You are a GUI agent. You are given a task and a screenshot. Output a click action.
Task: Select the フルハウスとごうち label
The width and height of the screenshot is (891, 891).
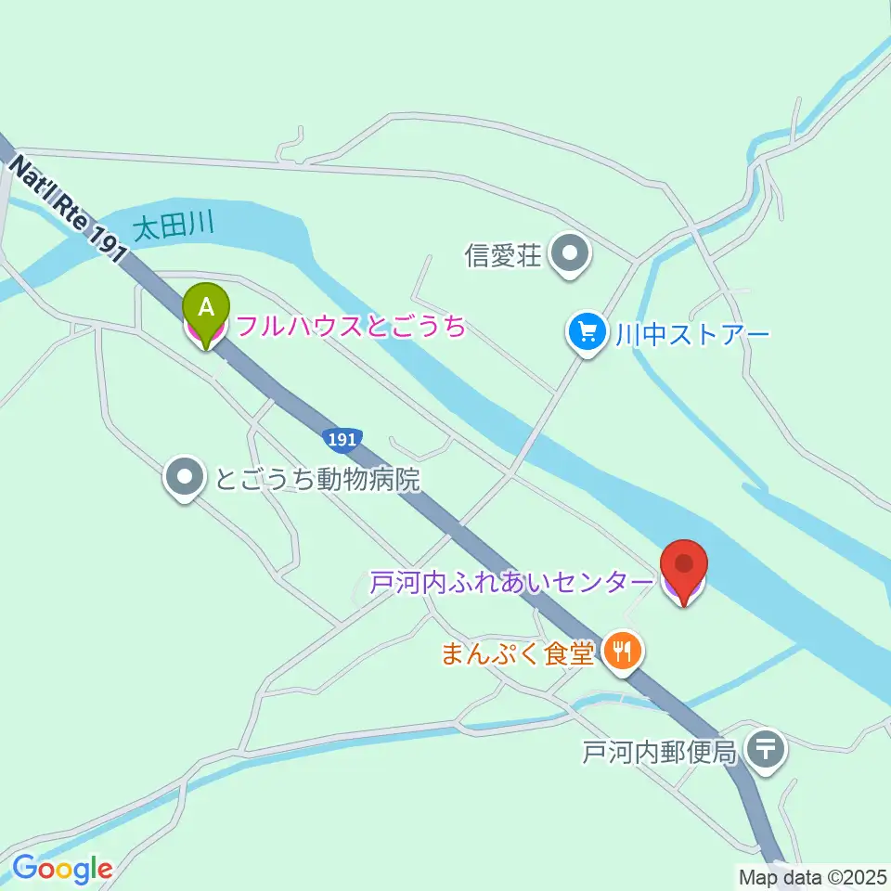[351, 326]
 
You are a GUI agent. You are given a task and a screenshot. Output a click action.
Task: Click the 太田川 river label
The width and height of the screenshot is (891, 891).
[174, 226]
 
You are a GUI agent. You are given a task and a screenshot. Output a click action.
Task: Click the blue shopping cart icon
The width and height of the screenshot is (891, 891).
[587, 330]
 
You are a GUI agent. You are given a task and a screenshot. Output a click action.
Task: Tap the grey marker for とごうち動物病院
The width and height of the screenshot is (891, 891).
[186, 478]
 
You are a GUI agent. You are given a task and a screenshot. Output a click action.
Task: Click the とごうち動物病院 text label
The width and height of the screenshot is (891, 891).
[317, 480]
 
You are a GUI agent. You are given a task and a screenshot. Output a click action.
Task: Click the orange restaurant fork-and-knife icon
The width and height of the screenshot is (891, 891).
[621, 652]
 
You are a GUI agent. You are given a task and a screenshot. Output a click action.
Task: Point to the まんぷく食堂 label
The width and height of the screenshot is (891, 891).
[516, 653]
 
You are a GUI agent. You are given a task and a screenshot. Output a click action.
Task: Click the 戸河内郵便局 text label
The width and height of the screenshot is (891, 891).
[659, 751]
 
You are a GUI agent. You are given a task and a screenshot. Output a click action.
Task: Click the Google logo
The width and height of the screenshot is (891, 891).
[62, 869]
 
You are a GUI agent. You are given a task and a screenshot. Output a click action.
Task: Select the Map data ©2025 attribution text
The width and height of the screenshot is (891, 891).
[811, 875]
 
